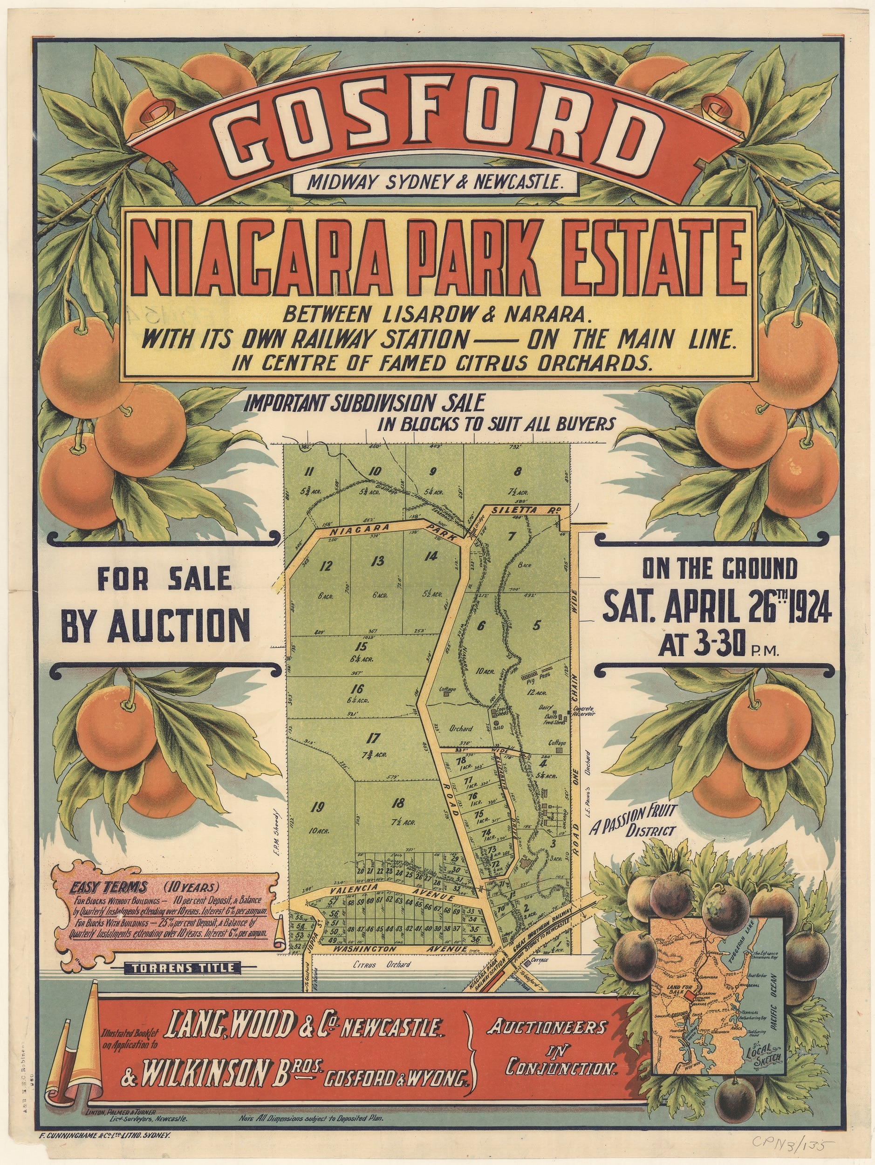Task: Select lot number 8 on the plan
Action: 519,472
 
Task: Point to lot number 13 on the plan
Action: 377,562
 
